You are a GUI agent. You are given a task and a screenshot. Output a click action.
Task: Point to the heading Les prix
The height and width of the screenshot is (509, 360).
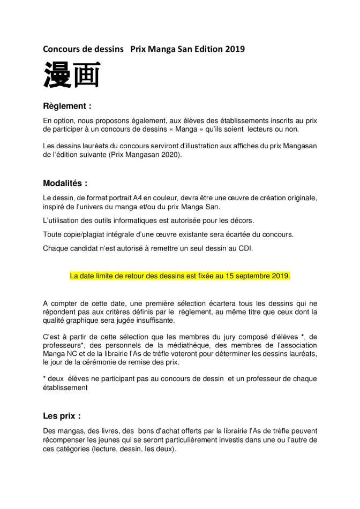[x=62, y=415]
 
